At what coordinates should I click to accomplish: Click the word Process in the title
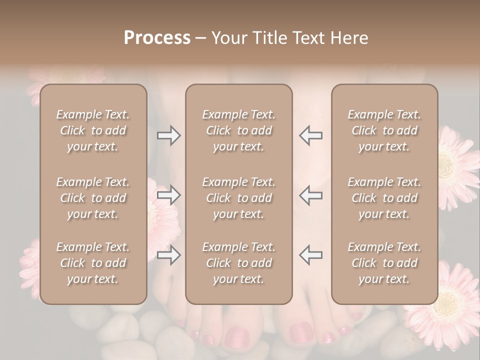157,38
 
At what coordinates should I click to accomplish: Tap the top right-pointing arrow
168,135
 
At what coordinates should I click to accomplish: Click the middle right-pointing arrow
168,195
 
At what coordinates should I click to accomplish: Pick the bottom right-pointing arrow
168,255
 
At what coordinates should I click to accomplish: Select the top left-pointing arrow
311,135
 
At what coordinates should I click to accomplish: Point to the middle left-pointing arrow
311,195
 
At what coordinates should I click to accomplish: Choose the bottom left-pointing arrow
311,255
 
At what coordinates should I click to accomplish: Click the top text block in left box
93,130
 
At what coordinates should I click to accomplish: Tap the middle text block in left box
93,198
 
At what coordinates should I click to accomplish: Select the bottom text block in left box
93,263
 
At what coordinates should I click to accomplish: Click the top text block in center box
239,130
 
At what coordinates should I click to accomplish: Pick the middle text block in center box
239,198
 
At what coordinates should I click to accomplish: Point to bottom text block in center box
239,263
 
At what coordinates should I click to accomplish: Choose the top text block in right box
384,130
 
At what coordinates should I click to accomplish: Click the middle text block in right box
384,198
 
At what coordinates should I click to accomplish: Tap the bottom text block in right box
384,263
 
